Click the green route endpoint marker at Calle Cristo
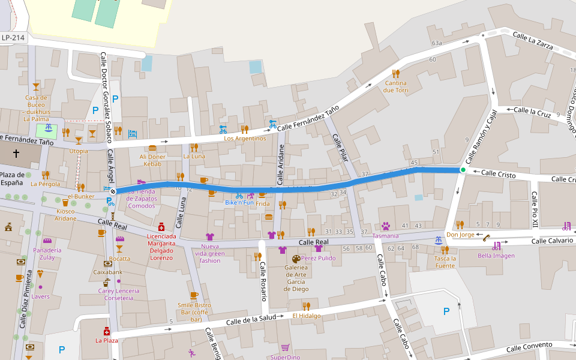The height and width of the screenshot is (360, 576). [x=463, y=170]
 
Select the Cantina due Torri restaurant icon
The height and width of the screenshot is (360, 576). [x=395, y=73]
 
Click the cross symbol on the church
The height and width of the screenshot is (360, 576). [x=16, y=154]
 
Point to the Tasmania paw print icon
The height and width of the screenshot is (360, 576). [x=385, y=226]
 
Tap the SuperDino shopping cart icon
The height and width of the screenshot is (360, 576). [x=285, y=347]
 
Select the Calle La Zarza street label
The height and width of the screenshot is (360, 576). [x=533, y=41]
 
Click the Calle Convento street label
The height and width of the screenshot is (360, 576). [x=529, y=347]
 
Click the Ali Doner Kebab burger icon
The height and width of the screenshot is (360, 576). [x=152, y=148]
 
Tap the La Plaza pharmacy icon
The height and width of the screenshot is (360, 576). [x=107, y=331]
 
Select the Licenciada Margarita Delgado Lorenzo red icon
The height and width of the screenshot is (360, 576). [x=161, y=227]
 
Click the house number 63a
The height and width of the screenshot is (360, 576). [x=436, y=43]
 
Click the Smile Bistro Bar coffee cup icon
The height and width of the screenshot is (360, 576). [x=194, y=295]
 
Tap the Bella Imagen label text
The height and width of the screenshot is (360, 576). [x=496, y=256]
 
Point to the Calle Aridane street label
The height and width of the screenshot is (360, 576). [x=280, y=164]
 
